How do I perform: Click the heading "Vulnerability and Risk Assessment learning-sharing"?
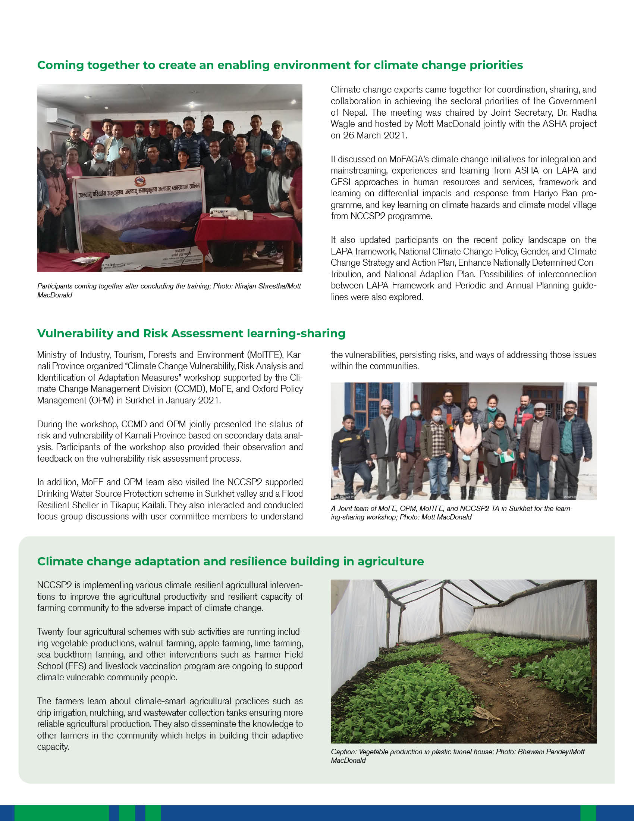click(191, 333)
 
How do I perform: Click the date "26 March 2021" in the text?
click(374, 135)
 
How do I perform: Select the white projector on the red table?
click(223, 212)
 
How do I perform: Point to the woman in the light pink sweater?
click(468, 438)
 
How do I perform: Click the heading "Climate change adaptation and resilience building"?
click(230, 561)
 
